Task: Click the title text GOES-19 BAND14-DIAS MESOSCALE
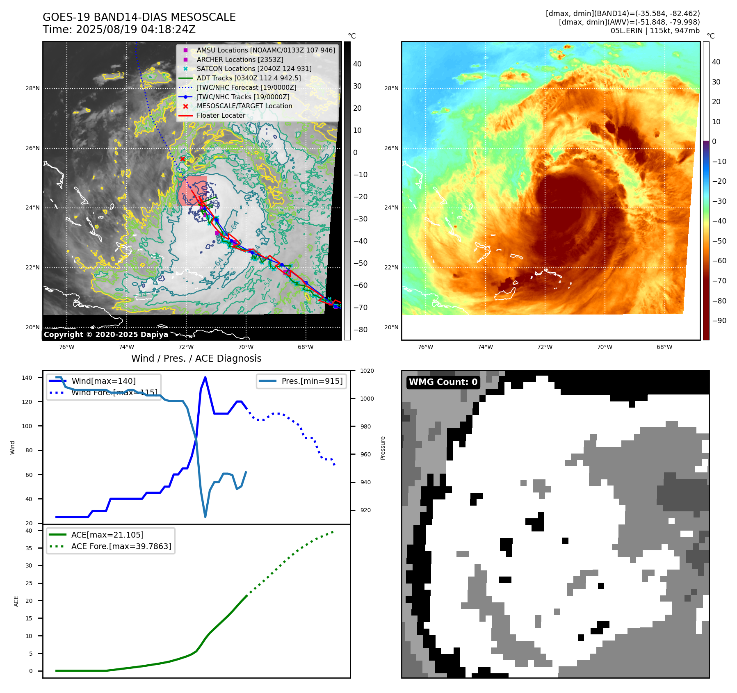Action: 139,17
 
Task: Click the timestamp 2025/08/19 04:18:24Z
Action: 135,30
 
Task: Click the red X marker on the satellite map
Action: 183,159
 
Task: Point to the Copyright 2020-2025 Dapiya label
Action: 106,335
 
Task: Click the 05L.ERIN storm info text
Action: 655,31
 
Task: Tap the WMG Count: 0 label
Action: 443,382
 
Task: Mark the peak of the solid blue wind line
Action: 205,377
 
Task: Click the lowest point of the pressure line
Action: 205,517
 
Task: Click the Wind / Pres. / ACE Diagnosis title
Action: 196,358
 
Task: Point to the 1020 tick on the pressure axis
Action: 367,371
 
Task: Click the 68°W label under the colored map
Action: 664,347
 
